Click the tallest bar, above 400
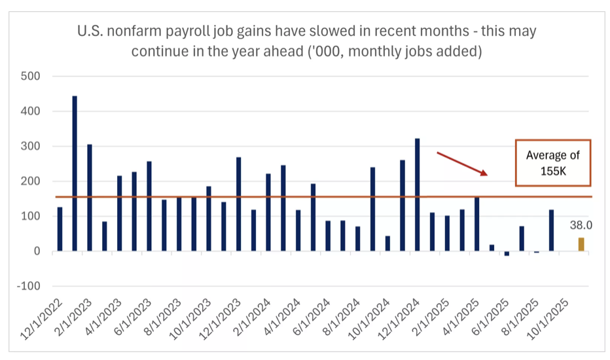75,173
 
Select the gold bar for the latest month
581,244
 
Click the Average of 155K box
552,162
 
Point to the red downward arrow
462,164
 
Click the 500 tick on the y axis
31,76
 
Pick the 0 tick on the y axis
37,251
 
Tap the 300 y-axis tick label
31,146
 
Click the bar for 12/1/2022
60,229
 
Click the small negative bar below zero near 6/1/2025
507,253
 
